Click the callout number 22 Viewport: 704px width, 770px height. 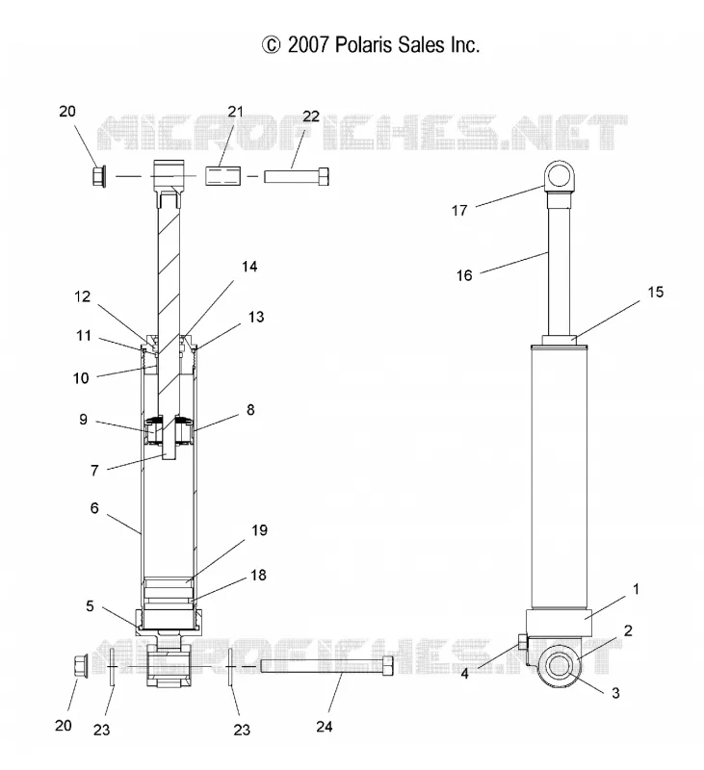click(311, 116)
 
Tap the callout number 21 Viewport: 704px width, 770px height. click(236, 112)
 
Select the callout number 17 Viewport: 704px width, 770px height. click(459, 211)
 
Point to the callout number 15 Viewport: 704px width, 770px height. click(655, 293)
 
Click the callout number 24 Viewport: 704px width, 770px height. click(325, 727)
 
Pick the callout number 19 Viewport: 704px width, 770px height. click(259, 530)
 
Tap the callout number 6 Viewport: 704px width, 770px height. click(94, 508)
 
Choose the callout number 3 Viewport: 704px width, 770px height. click(615, 693)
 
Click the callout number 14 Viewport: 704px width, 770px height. click(249, 267)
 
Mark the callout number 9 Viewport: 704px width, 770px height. click(83, 420)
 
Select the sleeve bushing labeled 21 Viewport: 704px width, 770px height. click(222, 176)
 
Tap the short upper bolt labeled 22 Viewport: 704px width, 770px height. click(297, 176)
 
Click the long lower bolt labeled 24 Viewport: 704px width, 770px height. click(326, 666)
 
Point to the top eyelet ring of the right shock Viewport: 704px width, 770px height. click(560, 176)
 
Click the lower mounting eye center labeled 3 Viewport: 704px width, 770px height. click(558, 666)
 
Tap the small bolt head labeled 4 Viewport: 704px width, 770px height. click(522, 641)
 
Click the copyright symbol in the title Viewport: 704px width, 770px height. click(271, 45)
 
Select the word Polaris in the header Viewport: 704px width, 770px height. click(364, 44)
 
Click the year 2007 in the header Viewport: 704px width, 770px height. click(308, 44)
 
